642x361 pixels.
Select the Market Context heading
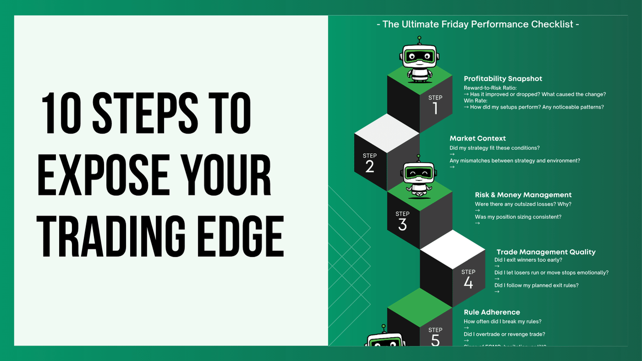pos(477,138)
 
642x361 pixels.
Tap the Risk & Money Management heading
pos(523,195)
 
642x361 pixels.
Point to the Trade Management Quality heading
pos(546,252)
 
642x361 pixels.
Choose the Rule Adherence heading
pos(492,312)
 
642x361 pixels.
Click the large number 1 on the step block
pos(435,108)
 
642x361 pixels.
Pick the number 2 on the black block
pos(370,167)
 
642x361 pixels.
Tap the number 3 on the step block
pos(402,225)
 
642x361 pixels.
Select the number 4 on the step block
pos(468,283)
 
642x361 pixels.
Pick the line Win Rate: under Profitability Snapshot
pos(476,100)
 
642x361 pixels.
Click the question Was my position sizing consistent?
pos(518,217)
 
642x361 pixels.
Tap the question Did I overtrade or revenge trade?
pos(504,334)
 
